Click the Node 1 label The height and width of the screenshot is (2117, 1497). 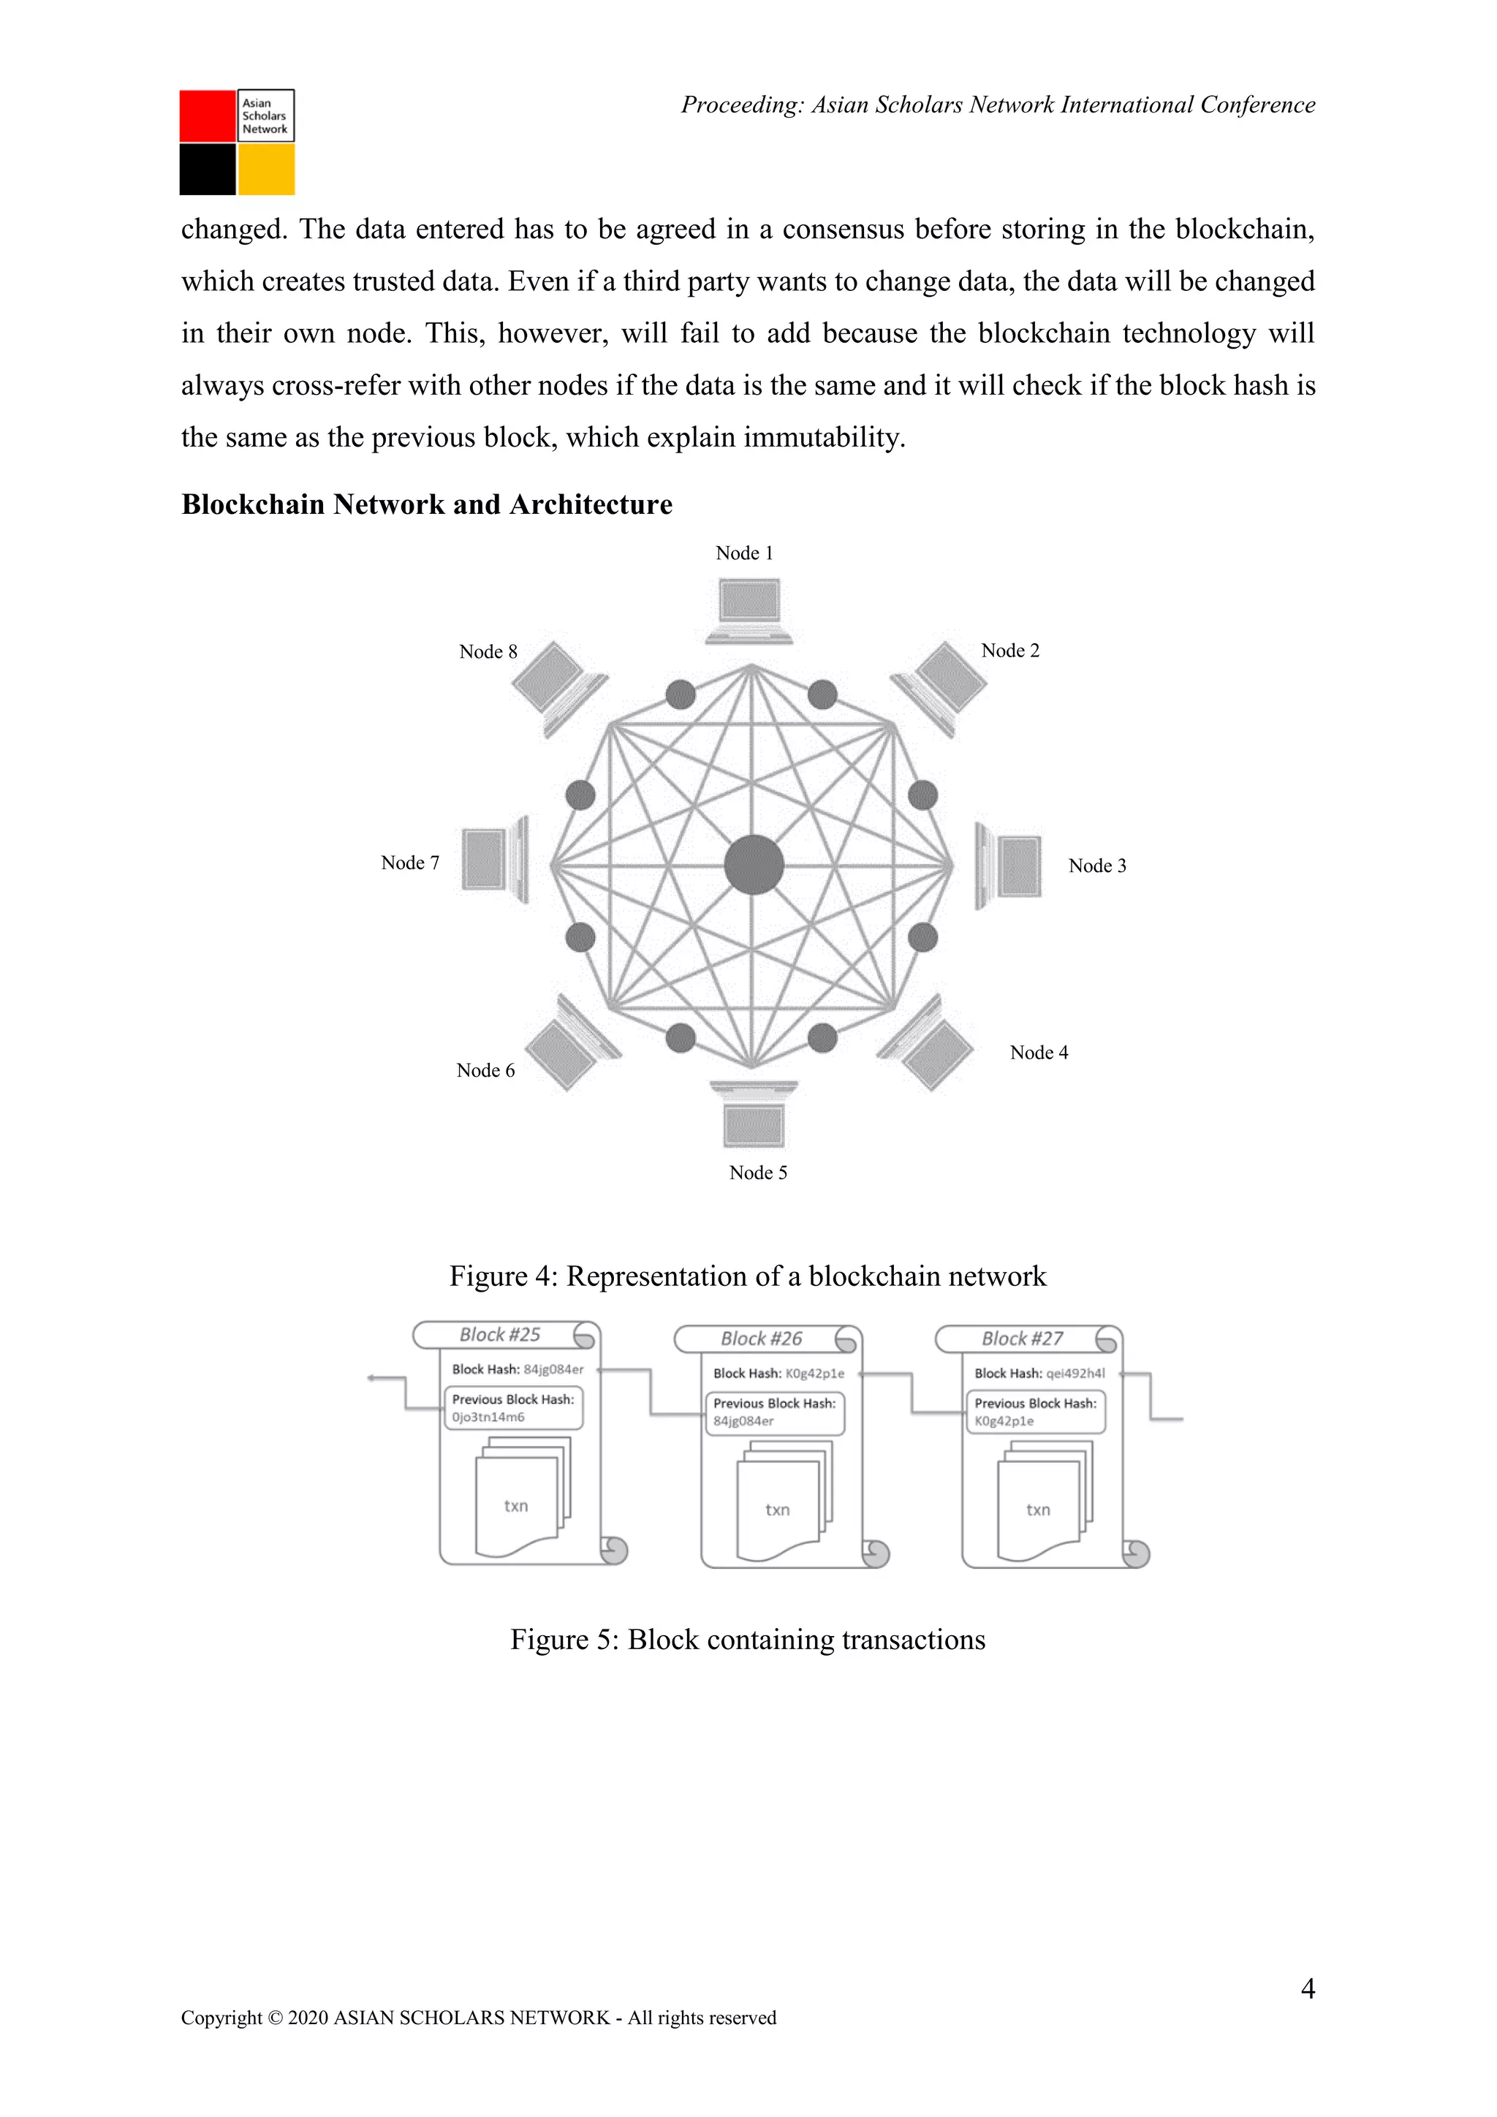coord(744,553)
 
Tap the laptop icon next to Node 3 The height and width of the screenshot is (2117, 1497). coord(1009,866)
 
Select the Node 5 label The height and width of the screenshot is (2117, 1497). coord(758,1173)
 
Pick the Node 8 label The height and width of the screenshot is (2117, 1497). coord(488,652)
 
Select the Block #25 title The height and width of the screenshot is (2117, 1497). coord(500,1335)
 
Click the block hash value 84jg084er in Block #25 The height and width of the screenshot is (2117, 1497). coord(553,1369)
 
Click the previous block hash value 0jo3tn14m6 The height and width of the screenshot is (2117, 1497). coord(488,1417)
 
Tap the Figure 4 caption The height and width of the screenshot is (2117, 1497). coord(748,1276)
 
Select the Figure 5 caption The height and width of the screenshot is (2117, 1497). coord(748,1640)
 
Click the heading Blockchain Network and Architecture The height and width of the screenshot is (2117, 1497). coord(427,504)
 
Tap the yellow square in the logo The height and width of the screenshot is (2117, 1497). coord(266,170)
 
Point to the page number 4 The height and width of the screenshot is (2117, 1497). coord(1307,1989)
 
